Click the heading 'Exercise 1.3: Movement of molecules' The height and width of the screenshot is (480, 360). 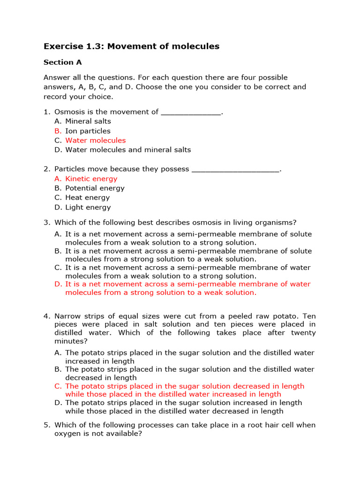click(x=131, y=46)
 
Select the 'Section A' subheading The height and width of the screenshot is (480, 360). click(x=59, y=62)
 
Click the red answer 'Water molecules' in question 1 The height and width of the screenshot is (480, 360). click(x=96, y=140)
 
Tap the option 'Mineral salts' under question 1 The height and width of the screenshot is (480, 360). click(x=88, y=121)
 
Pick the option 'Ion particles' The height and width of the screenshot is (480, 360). click(x=88, y=131)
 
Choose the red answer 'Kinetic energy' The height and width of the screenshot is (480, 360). click(x=91, y=179)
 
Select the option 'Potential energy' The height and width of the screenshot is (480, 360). click(x=95, y=188)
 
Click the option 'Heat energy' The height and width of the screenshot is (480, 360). click(x=88, y=197)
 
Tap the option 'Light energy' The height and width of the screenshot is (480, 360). click(x=88, y=207)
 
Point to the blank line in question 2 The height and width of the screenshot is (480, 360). click(x=235, y=170)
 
